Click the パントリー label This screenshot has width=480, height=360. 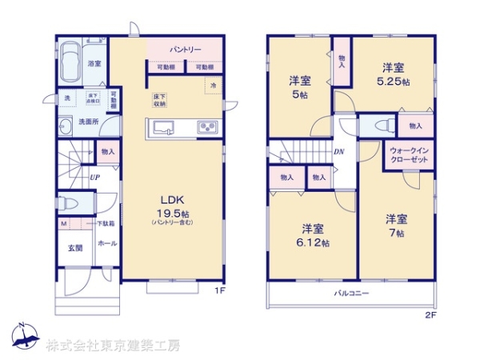coord(185,50)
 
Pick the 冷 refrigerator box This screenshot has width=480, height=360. coord(214,85)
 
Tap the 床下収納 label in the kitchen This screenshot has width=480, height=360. coord(160,100)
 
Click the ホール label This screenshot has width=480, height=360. coord(106,243)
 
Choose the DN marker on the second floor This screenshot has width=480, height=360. coord(339,150)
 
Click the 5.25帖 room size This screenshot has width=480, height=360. coord(394,82)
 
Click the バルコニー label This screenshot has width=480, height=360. coord(351,294)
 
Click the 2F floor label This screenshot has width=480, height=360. coord(430,315)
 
